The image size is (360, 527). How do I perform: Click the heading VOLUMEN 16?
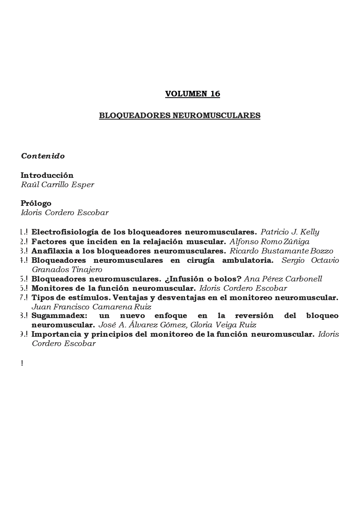pyautogui.click(x=192, y=94)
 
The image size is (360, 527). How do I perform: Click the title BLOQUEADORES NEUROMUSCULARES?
pyautogui.click(x=180, y=115)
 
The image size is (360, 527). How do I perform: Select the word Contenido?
pyautogui.click(x=43, y=156)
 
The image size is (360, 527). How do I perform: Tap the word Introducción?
pyautogui.click(x=47, y=175)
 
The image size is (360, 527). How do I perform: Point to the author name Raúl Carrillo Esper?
pyautogui.click(x=57, y=184)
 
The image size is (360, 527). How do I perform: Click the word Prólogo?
pyautogui.click(x=36, y=203)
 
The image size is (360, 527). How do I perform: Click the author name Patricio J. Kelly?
pyautogui.click(x=290, y=232)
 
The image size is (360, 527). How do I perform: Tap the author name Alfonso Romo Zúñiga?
pyautogui.click(x=269, y=241)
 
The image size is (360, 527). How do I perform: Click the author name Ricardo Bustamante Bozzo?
pyautogui.click(x=281, y=251)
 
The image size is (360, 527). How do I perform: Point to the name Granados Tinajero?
pyautogui.click(x=67, y=269)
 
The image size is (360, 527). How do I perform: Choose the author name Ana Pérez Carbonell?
pyautogui.click(x=283, y=279)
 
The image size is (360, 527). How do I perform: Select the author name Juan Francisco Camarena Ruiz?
pyautogui.click(x=91, y=307)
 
